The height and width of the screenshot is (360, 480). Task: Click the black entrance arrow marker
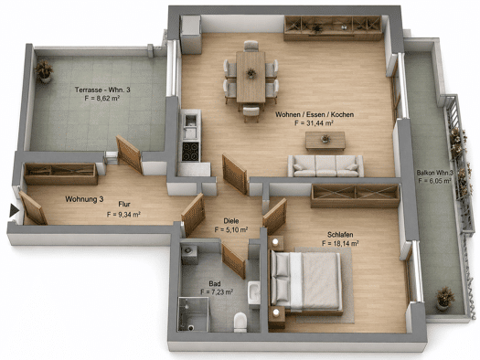[x=14, y=210]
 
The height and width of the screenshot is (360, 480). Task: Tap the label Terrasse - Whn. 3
[x=102, y=90]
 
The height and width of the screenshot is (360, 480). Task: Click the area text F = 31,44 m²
[x=314, y=123]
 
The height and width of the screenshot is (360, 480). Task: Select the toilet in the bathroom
[x=240, y=322]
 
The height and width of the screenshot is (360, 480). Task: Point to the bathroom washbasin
[x=254, y=292]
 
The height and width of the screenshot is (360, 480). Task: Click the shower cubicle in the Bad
[x=194, y=314]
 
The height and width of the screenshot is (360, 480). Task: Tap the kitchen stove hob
[x=190, y=151]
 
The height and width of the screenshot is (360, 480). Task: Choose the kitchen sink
[x=191, y=120]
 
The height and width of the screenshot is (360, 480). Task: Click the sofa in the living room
[x=325, y=166]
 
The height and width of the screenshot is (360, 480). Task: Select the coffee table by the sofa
[x=325, y=141]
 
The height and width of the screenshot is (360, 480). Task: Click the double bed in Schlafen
[x=305, y=282]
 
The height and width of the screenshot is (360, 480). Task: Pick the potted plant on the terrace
[x=45, y=71]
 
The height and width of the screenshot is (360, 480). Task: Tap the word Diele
[x=231, y=221]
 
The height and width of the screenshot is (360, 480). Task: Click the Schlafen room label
[x=340, y=235]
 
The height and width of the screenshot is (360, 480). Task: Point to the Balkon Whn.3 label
[x=434, y=173]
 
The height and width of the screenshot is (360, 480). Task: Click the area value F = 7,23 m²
[x=217, y=292]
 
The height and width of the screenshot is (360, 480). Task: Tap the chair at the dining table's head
[x=251, y=47]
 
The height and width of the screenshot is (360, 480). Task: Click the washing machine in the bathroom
[x=189, y=254]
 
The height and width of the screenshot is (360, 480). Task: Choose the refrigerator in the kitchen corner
[x=191, y=34]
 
